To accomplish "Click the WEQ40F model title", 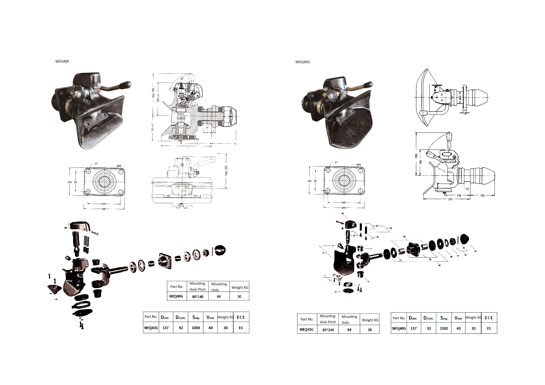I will point(62,61).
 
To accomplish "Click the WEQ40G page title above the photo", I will point(302,62).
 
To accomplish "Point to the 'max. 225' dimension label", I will point(226,171).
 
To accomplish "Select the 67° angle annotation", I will point(182,79).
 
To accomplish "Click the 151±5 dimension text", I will point(153,127).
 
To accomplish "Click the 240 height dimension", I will point(417,156).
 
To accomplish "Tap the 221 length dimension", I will point(450,199).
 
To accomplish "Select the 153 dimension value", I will point(482,196).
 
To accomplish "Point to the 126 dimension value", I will point(459,196).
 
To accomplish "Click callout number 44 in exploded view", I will point(475,251).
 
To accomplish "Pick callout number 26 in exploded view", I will point(343,214).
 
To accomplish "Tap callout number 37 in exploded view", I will point(401,260).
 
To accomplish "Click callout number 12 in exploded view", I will point(336,292).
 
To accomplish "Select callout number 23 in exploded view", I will point(391,228).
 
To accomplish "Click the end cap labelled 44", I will point(464,239).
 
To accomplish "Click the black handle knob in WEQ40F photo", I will point(127,85).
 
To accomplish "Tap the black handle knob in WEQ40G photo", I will point(369,84).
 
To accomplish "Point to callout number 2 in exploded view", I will point(371,249).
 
